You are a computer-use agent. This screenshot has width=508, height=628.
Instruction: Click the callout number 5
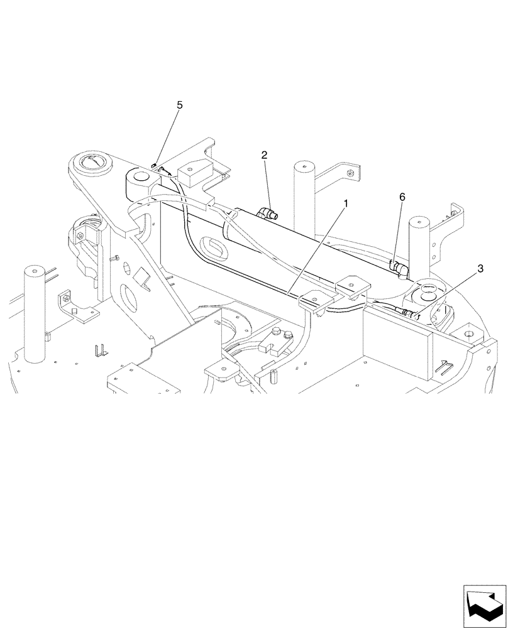click(x=180, y=105)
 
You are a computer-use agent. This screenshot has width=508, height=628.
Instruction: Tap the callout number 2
click(x=265, y=154)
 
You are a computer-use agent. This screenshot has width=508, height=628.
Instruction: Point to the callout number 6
click(x=403, y=197)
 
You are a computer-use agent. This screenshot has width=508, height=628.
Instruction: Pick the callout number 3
click(x=480, y=268)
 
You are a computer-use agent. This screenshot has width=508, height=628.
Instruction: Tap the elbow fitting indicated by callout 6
click(x=399, y=269)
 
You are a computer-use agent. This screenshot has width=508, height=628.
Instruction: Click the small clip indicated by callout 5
click(x=154, y=165)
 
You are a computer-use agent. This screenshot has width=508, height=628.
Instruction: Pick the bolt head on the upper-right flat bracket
click(x=351, y=173)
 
